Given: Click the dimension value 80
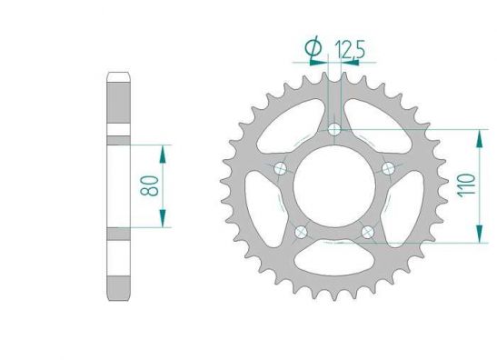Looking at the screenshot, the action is click(149, 185).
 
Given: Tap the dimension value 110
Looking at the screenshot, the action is click(466, 185).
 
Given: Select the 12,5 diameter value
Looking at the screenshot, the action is click(350, 49).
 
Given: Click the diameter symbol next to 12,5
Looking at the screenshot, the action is click(313, 48).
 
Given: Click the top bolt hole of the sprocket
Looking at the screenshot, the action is click(334, 129).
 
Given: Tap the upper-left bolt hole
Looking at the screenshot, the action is click(280, 168).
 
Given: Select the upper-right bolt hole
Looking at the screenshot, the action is click(388, 168).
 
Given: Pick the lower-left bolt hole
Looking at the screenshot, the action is click(301, 232).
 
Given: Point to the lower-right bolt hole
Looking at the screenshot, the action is click(368, 232).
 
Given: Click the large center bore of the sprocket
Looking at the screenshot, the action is click(334, 186).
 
